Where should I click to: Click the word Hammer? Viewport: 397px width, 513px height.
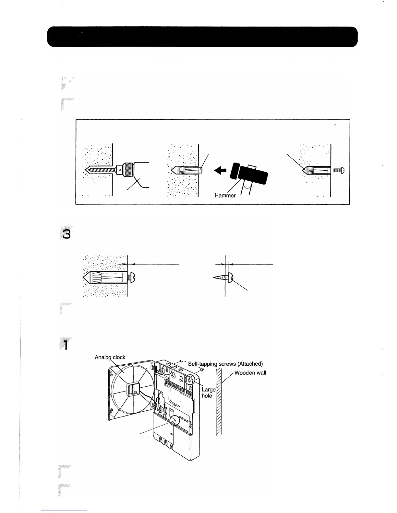click(x=225, y=196)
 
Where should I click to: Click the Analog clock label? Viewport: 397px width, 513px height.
click(x=110, y=358)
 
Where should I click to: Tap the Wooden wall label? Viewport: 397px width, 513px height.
click(x=250, y=372)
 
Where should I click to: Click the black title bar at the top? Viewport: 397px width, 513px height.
click(x=202, y=37)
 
